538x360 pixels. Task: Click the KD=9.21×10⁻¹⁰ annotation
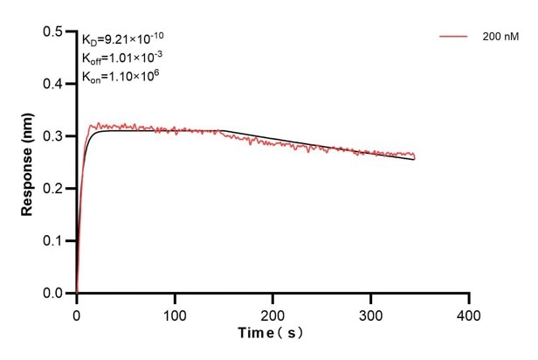point(123,38)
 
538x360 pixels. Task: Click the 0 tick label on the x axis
point(77,312)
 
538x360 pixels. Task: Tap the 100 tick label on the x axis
point(175,312)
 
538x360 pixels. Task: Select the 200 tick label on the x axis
point(273,312)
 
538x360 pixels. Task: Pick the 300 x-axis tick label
point(371,312)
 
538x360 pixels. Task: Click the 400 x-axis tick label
point(469,312)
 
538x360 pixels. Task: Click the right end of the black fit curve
point(415,160)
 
